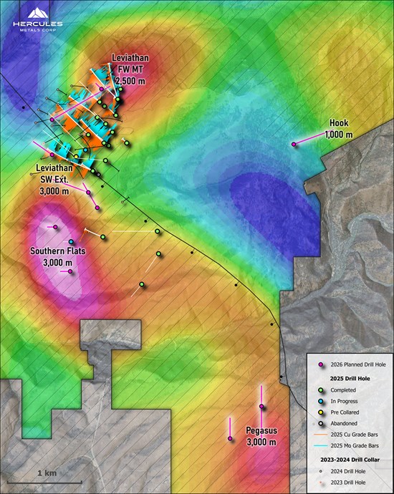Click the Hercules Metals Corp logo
(37, 22)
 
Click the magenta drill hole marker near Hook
(294, 145)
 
